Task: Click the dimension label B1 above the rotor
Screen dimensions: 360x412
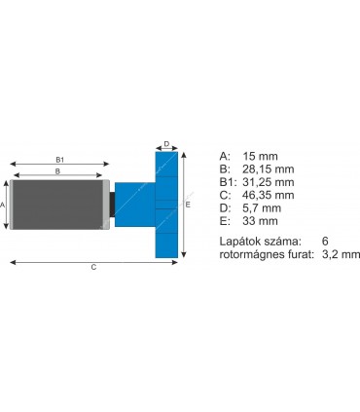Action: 60,160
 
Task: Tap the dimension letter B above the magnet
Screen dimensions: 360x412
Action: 57,171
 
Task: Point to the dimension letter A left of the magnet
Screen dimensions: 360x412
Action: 2,205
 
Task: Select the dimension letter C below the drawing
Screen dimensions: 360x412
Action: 93,267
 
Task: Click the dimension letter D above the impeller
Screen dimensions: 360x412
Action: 166,144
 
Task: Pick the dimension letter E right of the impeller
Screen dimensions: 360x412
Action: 188,205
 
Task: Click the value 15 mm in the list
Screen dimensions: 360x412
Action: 260,156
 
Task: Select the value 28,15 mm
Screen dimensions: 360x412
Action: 269,169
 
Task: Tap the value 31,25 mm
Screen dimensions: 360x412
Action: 269,182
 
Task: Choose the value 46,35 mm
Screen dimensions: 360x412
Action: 269,195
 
